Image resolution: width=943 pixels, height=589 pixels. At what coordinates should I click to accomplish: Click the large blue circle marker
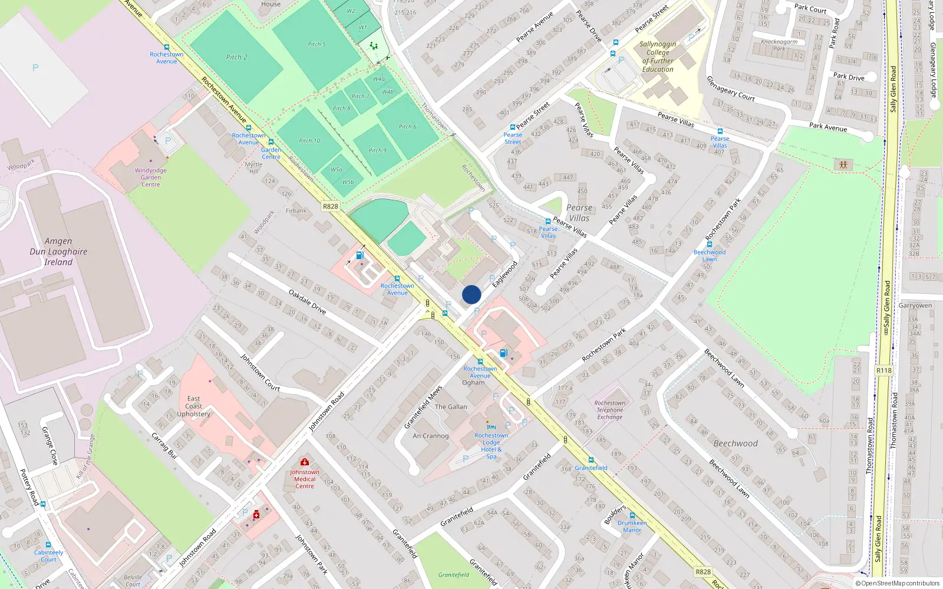tap(471, 294)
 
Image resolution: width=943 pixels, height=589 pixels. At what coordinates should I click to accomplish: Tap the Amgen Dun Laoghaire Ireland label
tap(58, 252)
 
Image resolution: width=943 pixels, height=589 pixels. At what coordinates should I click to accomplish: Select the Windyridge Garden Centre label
tap(150, 177)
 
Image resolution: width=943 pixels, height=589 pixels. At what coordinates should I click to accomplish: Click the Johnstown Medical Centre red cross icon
tap(304, 462)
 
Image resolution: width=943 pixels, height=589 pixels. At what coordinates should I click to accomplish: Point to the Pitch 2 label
tap(236, 57)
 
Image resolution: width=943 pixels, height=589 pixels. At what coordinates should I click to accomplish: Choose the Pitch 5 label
tap(316, 44)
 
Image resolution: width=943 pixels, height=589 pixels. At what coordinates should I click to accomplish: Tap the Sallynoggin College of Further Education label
tap(658, 57)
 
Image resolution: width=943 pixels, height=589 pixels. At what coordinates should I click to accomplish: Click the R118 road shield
tap(883, 370)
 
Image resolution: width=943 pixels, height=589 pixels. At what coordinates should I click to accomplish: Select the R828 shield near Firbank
tap(331, 206)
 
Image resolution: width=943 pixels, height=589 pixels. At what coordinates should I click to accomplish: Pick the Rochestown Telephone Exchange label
tap(609, 410)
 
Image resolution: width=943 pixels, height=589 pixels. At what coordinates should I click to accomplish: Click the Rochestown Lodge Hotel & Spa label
tap(491, 446)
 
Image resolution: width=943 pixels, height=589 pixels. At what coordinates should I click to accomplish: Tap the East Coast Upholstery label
tap(193, 406)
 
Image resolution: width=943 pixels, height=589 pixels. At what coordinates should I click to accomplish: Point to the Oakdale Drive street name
tap(307, 301)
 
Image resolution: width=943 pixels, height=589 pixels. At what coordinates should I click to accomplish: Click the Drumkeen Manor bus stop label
tap(632, 527)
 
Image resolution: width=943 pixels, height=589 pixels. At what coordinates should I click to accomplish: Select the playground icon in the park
tap(843, 165)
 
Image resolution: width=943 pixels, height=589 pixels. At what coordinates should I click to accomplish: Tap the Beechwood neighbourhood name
tap(735, 443)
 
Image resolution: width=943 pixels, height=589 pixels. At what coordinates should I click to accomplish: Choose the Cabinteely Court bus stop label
tap(48, 556)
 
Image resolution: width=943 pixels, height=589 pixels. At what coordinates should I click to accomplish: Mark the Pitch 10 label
tap(309, 141)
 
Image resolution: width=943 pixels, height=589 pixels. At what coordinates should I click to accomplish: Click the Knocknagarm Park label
tap(779, 45)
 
